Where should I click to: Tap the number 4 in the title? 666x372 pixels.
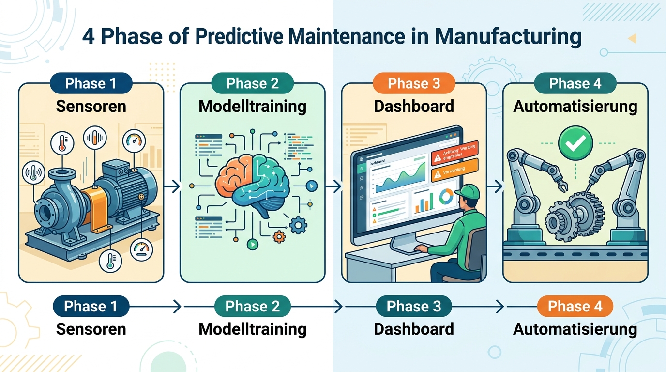[x=88, y=37]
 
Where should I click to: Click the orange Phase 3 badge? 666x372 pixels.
[x=414, y=83]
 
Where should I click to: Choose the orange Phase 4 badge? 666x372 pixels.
[x=575, y=307]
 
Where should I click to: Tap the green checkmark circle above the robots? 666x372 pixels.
[x=575, y=141]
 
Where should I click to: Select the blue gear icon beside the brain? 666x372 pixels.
[x=299, y=224]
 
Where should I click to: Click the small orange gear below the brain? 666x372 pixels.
[x=279, y=236]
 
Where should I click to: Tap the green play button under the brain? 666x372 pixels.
[x=252, y=244]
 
